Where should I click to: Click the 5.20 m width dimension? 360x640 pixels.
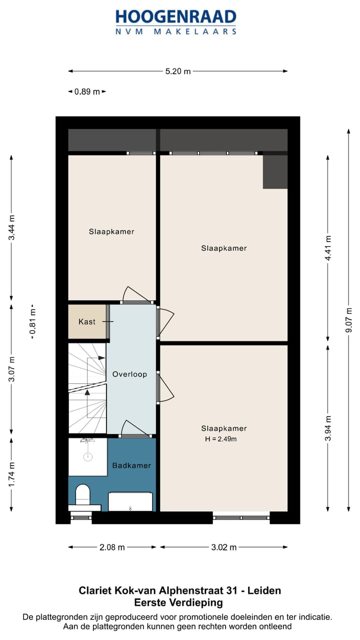(x=178, y=71)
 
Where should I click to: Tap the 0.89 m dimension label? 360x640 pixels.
(x=87, y=91)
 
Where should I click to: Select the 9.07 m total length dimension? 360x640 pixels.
(x=348, y=320)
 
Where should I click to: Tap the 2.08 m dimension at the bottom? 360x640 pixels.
(x=112, y=547)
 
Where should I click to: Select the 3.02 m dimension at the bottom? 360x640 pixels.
(x=223, y=547)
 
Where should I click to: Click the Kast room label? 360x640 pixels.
(x=87, y=321)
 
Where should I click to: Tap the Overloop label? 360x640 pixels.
(x=129, y=374)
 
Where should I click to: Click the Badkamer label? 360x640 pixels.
(x=131, y=465)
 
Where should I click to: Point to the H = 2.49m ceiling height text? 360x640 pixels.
(x=220, y=439)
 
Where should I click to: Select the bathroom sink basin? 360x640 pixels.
(x=130, y=501)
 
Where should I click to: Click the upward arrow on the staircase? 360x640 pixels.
(x=87, y=392)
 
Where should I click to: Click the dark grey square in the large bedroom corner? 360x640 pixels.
(x=275, y=171)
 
